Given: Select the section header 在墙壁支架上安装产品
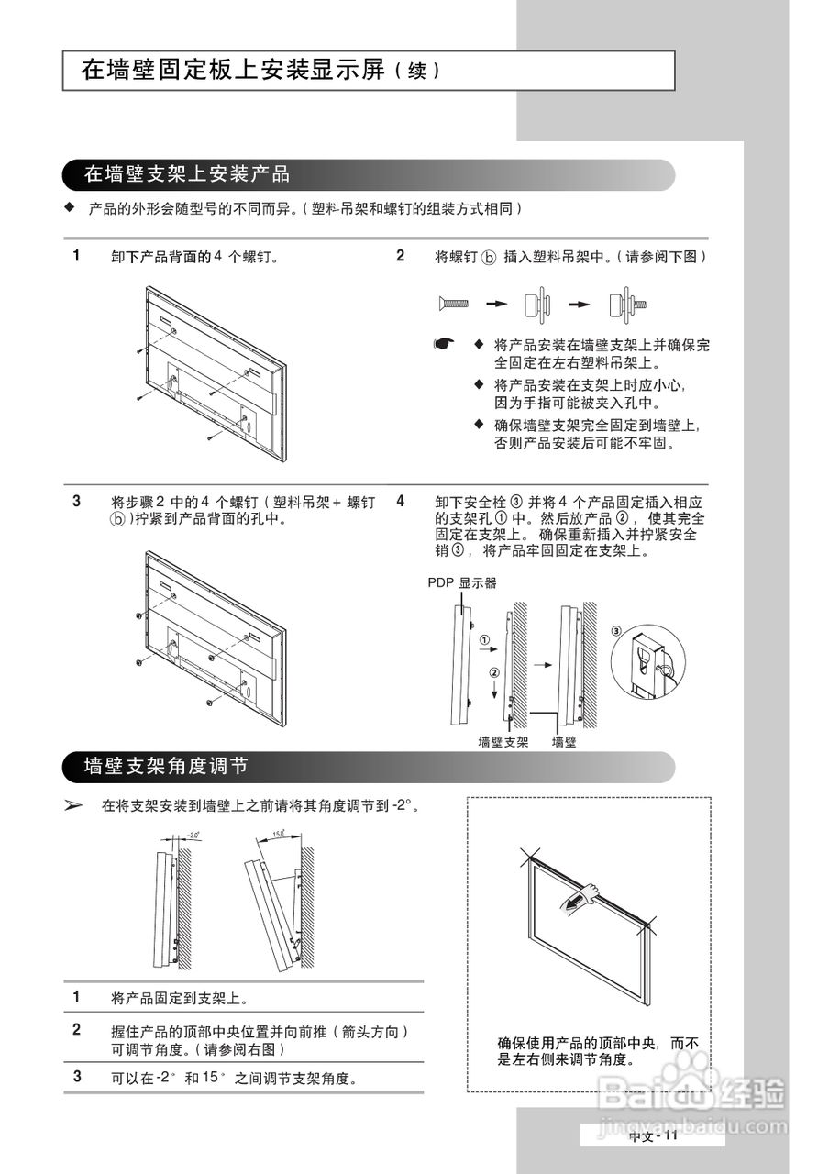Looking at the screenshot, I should coord(187,173).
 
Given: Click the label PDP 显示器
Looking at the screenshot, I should coord(462,582).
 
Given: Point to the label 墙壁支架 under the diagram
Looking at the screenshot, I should coord(503,742).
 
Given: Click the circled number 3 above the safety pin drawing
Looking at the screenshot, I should coord(616,630).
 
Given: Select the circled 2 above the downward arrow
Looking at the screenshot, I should coord(494,672).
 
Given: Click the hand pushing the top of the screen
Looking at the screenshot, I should coord(587,893).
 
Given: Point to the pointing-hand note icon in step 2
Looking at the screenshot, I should coord(445,344).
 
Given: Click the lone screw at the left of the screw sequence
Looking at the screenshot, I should coord(454,303).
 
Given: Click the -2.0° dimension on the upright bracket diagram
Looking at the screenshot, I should coord(192,835).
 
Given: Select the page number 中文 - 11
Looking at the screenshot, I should coord(652,1135).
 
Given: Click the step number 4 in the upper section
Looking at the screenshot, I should coord(401,501).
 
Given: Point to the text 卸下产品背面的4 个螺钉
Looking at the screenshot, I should coord(194,257).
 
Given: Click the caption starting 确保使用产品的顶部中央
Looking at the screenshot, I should coord(598,1051).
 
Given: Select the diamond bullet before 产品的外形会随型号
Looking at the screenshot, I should coord(68,207).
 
